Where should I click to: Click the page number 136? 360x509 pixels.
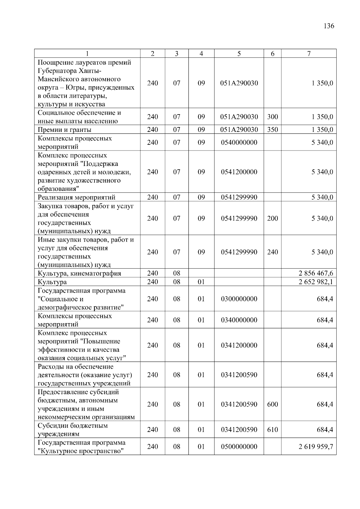coord(329,26)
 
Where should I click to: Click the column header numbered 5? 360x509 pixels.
coord(239,54)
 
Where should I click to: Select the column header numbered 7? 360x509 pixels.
coord(309,54)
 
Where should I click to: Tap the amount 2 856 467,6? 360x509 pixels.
coord(316,273)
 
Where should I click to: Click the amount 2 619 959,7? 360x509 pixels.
coord(316,447)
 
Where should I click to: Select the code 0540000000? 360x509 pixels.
coord(239,142)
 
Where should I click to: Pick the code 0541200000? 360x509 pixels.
coord(239,172)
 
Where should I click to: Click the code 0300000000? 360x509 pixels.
coord(239,299)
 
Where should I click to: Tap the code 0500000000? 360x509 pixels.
coord(239,447)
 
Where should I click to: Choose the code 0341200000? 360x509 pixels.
coord(239,345)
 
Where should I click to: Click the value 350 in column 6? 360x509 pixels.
coord(272,130)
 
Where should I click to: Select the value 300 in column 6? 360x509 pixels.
coord(272,117)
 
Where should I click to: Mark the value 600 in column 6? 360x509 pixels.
coord(272,404)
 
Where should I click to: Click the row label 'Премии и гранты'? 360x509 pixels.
coord(64,130)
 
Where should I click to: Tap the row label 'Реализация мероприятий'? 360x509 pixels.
coord(76,197)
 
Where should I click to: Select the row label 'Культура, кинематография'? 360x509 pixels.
coord(79,273)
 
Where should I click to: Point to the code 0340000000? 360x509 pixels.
coord(239,320)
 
